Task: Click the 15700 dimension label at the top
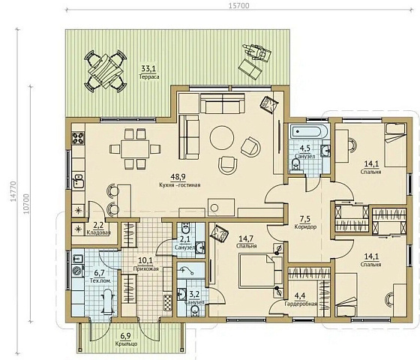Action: (x=239, y=5)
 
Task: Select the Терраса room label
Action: (x=149, y=76)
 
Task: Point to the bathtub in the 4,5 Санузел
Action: (x=309, y=131)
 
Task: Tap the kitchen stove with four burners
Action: (x=78, y=138)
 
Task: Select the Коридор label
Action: (x=305, y=226)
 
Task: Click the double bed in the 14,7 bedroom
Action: (x=261, y=271)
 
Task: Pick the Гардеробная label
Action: (x=301, y=304)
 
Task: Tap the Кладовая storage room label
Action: (x=98, y=232)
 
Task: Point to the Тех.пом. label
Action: (x=100, y=280)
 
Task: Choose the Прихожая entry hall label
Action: (x=145, y=268)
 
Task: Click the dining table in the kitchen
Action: (x=135, y=148)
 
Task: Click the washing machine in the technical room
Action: (x=78, y=271)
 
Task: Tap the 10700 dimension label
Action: (x=26, y=203)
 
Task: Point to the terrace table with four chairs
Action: (x=106, y=71)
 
